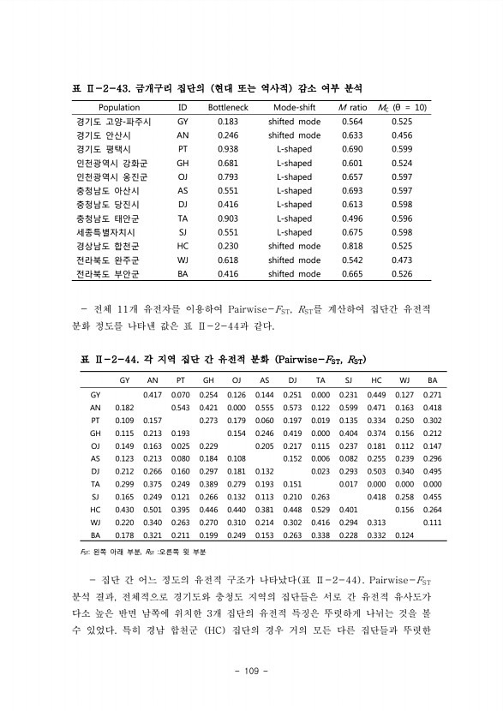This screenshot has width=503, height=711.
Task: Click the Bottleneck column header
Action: click(x=228, y=108)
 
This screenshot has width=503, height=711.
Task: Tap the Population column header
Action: click(x=119, y=108)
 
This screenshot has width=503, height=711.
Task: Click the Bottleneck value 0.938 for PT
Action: click(x=228, y=149)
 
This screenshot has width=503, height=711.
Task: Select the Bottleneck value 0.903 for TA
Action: click(x=228, y=218)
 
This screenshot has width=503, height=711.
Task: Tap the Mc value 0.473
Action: click(x=401, y=260)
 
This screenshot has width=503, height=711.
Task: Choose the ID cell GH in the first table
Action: click(x=183, y=163)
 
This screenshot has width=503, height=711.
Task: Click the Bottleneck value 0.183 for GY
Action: click(x=228, y=122)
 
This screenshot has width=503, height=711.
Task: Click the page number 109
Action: click(x=252, y=669)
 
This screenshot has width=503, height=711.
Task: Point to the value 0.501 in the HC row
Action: click(x=152, y=509)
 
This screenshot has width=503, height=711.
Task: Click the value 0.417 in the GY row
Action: click(x=152, y=394)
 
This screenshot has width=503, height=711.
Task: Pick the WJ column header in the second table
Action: click(x=404, y=379)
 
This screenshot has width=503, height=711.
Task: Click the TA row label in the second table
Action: click(x=95, y=483)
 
